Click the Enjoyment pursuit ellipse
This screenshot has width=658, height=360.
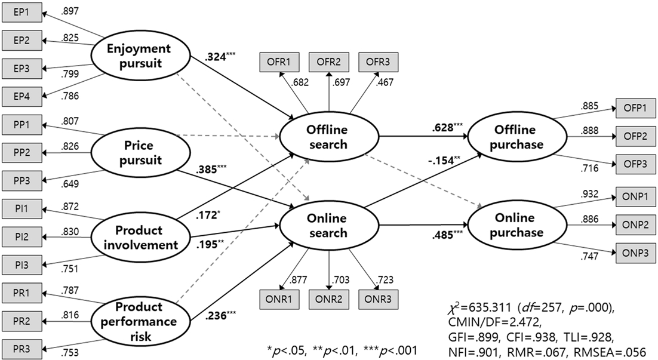(x=136, y=55)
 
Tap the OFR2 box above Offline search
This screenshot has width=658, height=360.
(x=328, y=61)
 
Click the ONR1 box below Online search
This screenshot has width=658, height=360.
(x=278, y=297)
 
